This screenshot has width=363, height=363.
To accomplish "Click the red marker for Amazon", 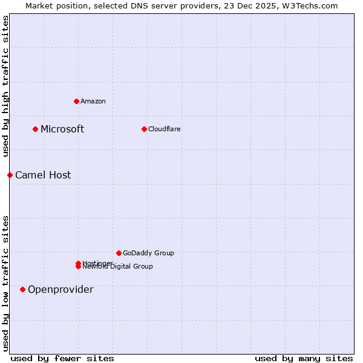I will [x=76, y=101].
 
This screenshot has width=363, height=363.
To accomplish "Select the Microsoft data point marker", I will [x=36, y=129].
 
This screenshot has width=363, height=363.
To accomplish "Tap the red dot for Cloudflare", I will [x=144, y=129].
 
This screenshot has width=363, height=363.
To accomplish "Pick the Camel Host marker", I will [x=10, y=175].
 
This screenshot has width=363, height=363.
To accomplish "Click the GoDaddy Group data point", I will [x=119, y=253].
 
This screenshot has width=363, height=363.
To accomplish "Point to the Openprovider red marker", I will [x=22, y=289].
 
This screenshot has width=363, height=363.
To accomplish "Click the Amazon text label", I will [x=93, y=101].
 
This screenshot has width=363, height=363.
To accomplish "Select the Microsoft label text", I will [x=62, y=129].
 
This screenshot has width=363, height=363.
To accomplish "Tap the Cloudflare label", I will [x=165, y=129].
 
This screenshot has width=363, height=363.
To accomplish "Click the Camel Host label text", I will [x=43, y=175].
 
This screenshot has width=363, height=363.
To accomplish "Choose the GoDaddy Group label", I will [x=148, y=253].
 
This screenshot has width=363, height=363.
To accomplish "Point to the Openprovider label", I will [x=60, y=289].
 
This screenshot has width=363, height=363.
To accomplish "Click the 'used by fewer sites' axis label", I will [x=62, y=358].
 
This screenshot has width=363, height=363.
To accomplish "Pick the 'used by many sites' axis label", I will [x=304, y=358].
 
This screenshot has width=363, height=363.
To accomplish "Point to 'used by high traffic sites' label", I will [x=5, y=87].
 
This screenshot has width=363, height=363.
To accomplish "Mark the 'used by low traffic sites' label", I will [x=5, y=283].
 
